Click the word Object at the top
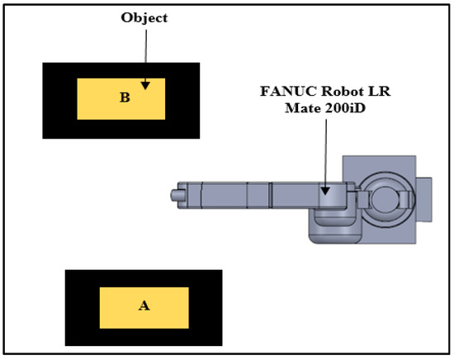coord(144,18)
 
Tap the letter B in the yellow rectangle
coord(125,97)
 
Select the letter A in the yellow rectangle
coord(144,306)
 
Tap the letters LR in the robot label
coord(379,91)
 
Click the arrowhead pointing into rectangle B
coord(145,85)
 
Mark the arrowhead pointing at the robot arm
coord(325,191)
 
